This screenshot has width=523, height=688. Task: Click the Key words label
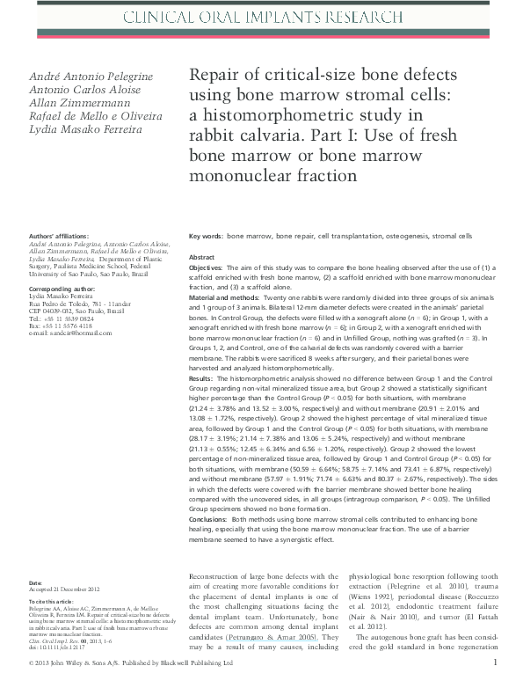[x=206, y=237]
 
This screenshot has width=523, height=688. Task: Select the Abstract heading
[x=203, y=257]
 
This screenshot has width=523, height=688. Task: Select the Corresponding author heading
[x=62, y=288]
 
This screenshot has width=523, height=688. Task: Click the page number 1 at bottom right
[x=496, y=662]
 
